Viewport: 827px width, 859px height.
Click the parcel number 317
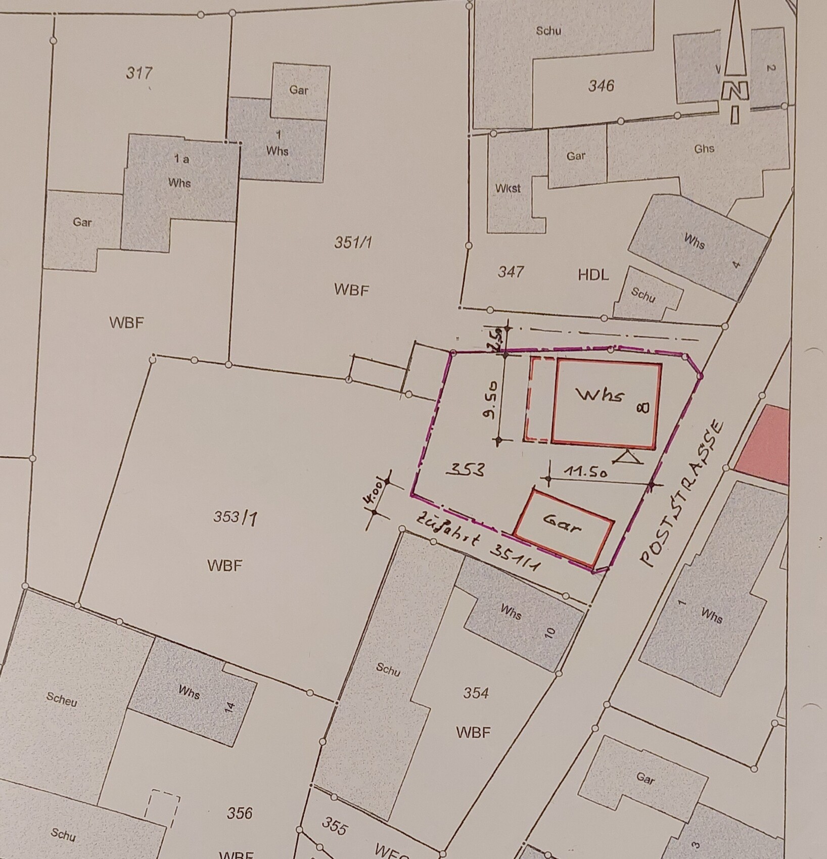(139, 73)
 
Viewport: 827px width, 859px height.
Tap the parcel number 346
(601, 86)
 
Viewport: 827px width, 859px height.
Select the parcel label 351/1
(353, 243)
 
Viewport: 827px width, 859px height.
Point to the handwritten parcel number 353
(465, 470)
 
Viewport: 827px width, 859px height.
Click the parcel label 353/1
(234, 517)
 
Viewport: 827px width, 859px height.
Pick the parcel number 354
(476, 693)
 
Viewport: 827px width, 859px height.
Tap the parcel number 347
(511, 272)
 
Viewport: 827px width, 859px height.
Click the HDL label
(593, 275)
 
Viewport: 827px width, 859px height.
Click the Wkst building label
(508, 188)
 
